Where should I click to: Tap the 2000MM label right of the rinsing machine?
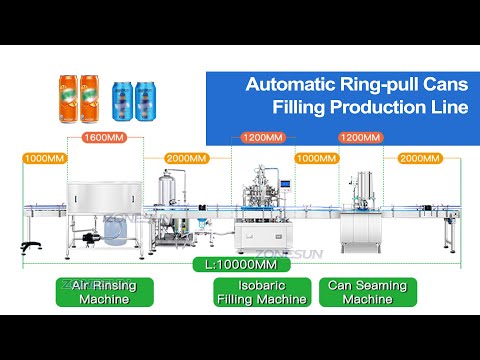(188, 158)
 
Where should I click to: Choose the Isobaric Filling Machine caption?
(260, 292)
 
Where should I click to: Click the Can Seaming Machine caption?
(367, 292)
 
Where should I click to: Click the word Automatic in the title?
(289, 85)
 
